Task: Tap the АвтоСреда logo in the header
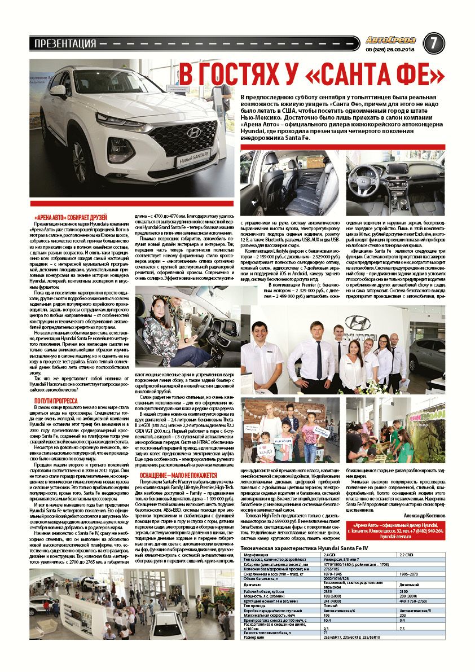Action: click(x=390, y=40)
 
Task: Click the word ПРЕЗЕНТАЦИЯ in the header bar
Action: click(x=65, y=43)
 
